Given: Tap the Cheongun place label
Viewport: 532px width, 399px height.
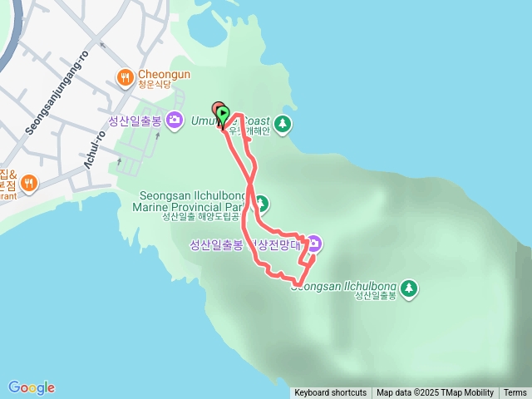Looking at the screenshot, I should (164, 74).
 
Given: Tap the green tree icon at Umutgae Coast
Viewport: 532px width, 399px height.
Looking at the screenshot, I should (283, 125).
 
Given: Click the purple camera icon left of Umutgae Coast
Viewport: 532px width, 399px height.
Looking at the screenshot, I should (175, 121).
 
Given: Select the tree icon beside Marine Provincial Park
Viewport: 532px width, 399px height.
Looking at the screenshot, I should (261, 203).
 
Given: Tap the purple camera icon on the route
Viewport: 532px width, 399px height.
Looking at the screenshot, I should (314, 244).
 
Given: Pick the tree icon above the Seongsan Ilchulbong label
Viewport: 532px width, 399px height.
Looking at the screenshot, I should (408, 288).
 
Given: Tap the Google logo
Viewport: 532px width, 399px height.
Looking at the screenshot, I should (32, 387).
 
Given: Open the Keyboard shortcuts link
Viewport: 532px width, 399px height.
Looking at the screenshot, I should (330, 393).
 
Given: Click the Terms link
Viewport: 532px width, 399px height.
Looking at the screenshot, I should (515, 393).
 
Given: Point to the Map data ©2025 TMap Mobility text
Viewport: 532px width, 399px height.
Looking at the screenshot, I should (435, 393).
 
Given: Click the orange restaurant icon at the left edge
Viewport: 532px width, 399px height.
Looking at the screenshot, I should (28, 182).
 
